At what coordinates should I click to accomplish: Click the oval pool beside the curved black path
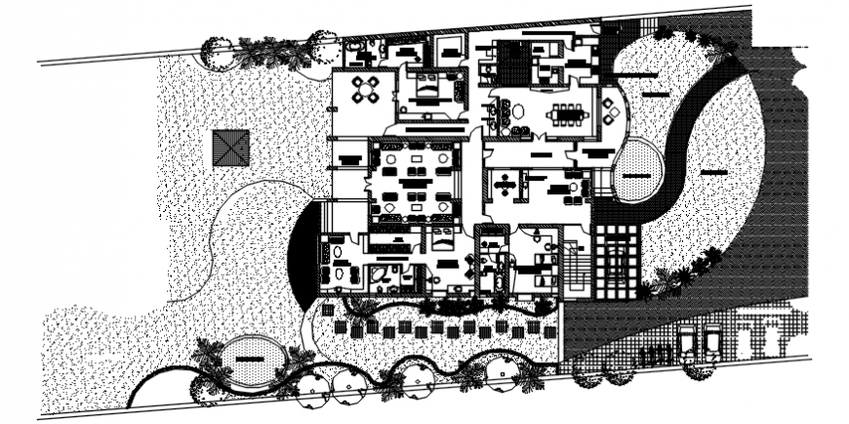point(638,171)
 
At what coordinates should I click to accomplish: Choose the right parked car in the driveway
point(712,341)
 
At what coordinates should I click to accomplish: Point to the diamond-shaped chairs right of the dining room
point(610,109)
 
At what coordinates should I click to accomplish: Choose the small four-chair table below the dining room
point(505,182)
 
